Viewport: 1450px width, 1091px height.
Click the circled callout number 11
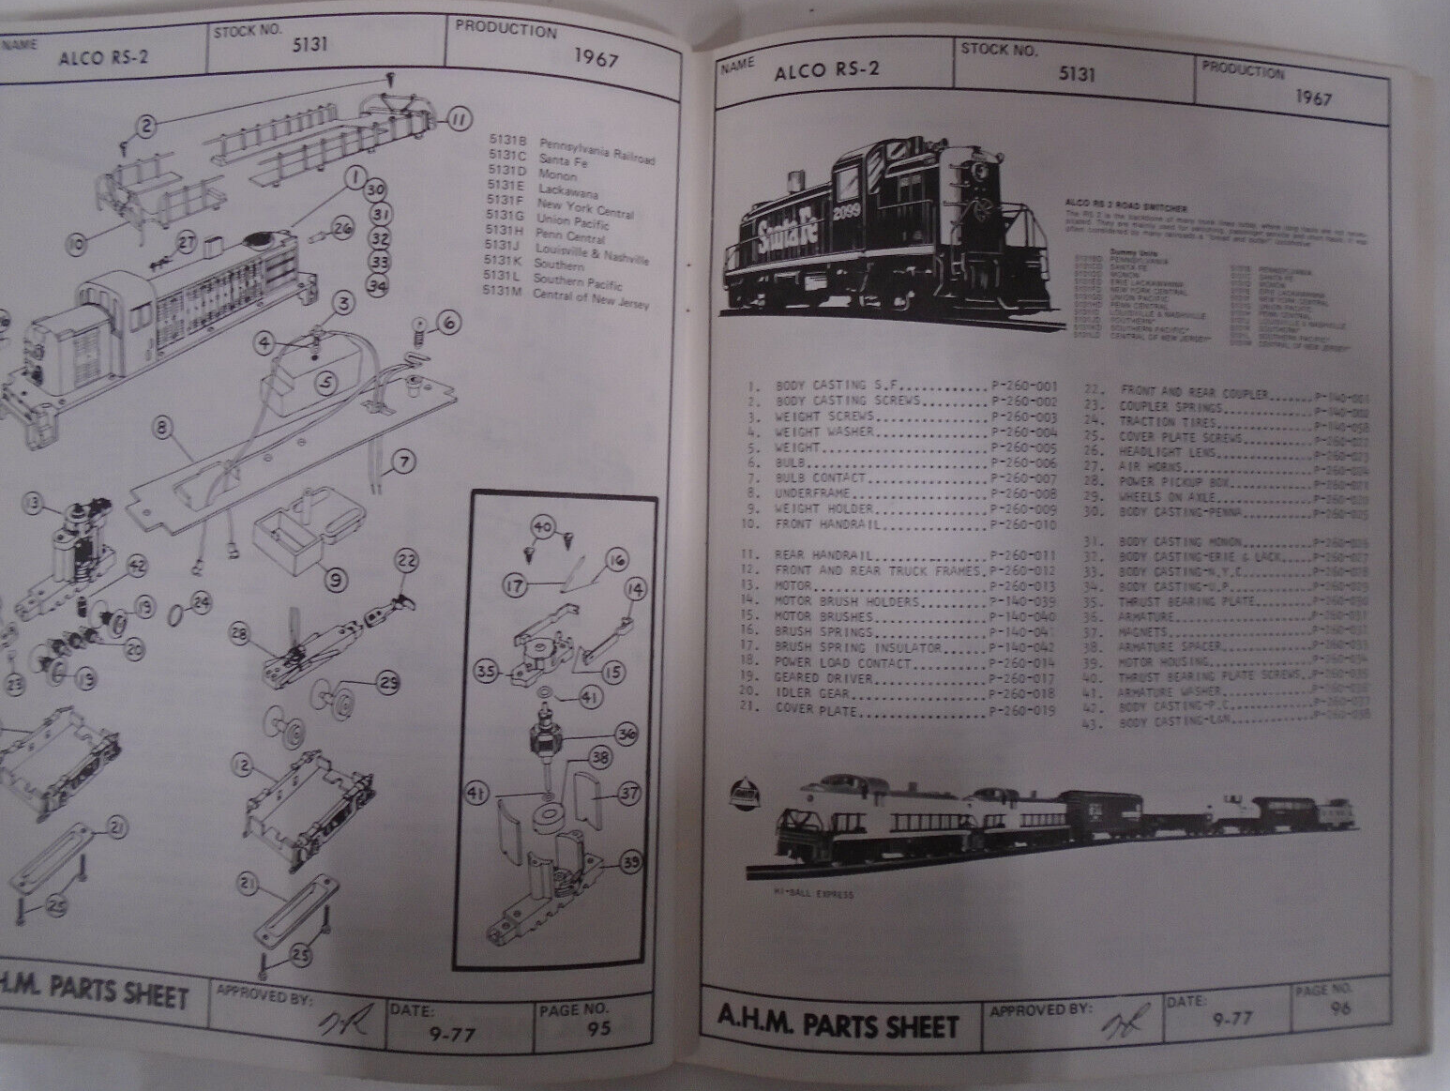pos(457,119)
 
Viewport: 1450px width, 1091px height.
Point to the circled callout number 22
pos(407,560)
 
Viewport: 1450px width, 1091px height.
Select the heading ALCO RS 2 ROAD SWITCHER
pos(1121,204)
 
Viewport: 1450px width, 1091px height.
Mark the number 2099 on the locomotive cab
pos(847,210)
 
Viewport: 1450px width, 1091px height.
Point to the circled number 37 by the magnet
pos(629,794)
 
